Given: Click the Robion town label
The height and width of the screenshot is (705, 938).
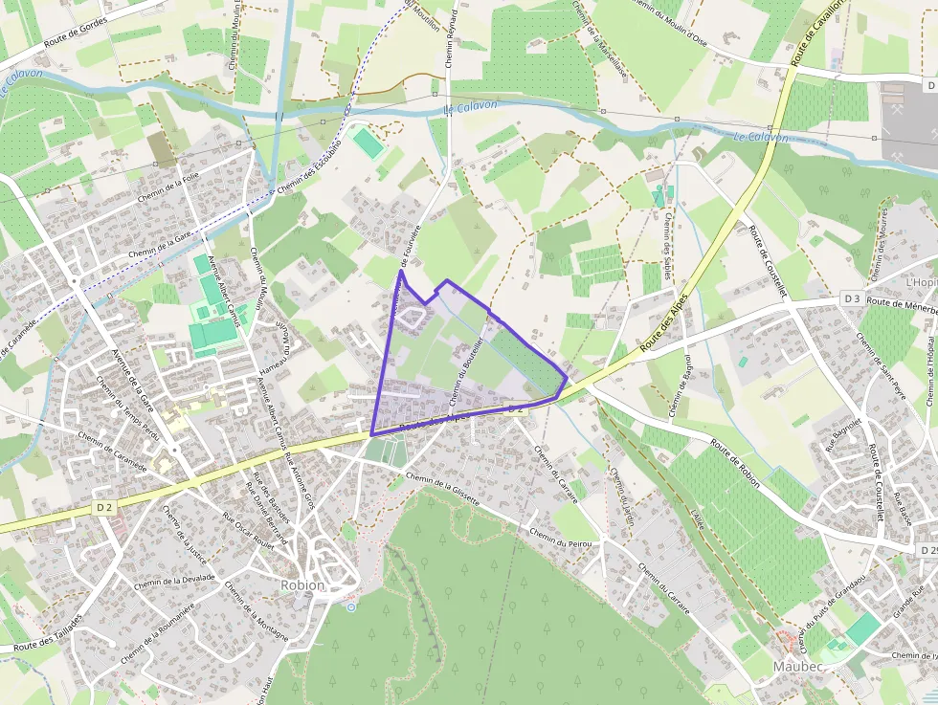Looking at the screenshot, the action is (x=302, y=584).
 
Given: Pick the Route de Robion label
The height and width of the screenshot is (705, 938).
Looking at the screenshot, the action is (x=735, y=463).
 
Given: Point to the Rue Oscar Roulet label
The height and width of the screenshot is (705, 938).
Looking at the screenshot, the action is (x=248, y=532).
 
